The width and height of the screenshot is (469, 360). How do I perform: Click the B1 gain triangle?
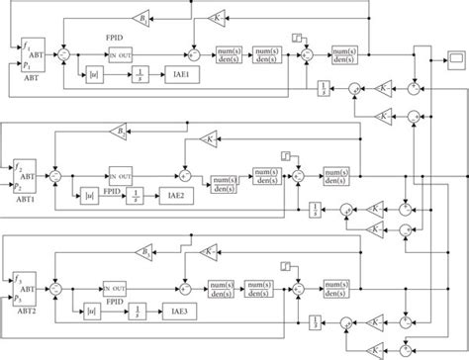[x=143, y=19]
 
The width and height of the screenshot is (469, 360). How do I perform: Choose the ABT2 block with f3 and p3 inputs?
[x=25, y=285]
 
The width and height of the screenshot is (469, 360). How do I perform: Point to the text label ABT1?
[x=23, y=196]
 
